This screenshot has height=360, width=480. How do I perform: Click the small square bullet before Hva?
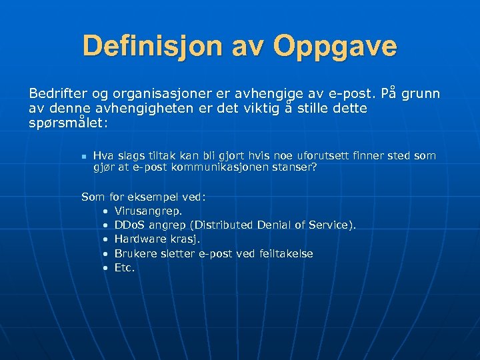tap(83, 157)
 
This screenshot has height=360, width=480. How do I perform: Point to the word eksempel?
tap(163, 197)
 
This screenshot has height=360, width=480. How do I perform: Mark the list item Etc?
tap(125, 267)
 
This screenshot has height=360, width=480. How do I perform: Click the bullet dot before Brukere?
tap(106, 253)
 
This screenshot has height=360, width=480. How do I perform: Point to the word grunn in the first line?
tap(421, 93)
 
